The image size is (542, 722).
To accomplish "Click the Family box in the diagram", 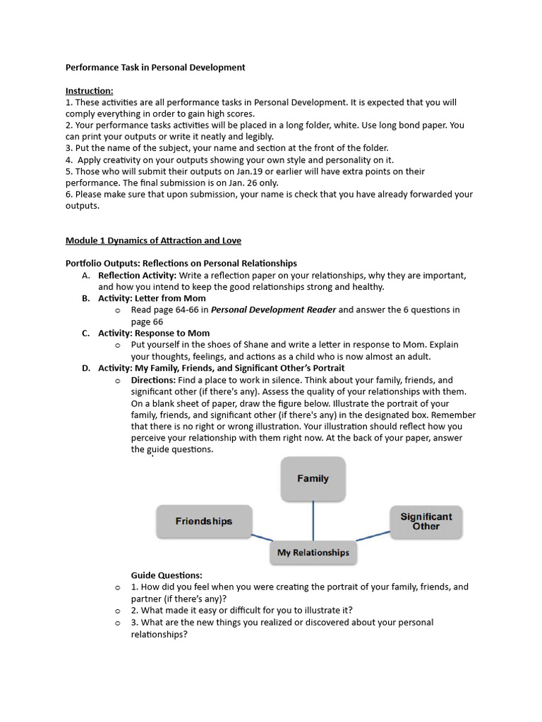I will pos(313,479).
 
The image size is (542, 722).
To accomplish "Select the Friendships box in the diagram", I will pos(204,522).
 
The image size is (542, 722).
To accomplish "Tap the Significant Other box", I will pos(426,522).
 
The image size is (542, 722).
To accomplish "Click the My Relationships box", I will pos(313,553).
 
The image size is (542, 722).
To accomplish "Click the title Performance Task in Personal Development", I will pos(155,68).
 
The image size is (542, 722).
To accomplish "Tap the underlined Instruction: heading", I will pos(89,91).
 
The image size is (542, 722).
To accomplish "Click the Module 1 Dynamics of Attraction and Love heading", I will pos(153,240).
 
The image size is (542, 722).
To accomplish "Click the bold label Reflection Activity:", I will pos(137,275).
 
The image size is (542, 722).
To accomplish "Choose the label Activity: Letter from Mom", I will pos(152,298).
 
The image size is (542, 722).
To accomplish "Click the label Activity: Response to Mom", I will pos(154,333).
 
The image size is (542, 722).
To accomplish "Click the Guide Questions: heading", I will pos(167,575).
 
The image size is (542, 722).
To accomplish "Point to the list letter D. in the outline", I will pos(86,368).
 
